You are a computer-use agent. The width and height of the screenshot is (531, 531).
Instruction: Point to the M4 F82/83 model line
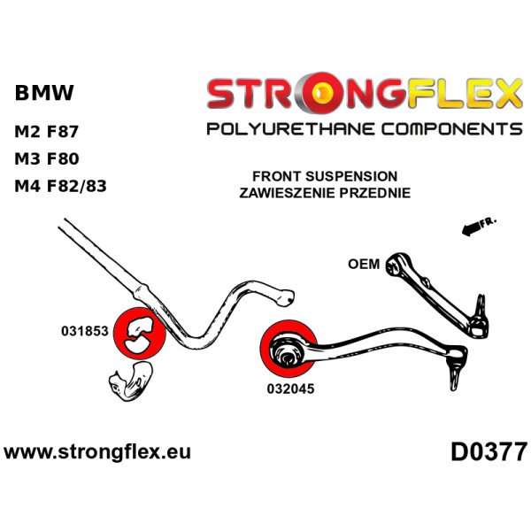65,187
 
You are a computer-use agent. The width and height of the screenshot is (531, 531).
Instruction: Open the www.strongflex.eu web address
97,451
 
